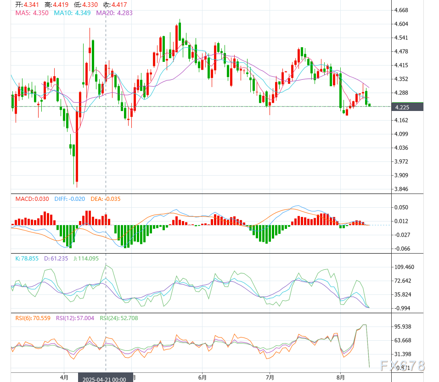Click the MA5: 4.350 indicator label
click(x=32, y=13)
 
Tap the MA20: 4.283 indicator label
click(x=114, y=13)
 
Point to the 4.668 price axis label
click(x=401, y=10)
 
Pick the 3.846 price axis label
click(x=401, y=189)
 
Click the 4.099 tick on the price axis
click(x=401, y=134)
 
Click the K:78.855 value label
click(x=29, y=259)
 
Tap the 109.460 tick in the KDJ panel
click(x=405, y=267)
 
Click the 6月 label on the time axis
click(x=202, y=378)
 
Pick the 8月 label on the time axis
click(x=340, y=378)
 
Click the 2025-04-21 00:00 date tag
click(x=106, y=379)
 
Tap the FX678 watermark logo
click(x=402, y=366)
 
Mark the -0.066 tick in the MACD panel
click(x=402, y=249)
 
